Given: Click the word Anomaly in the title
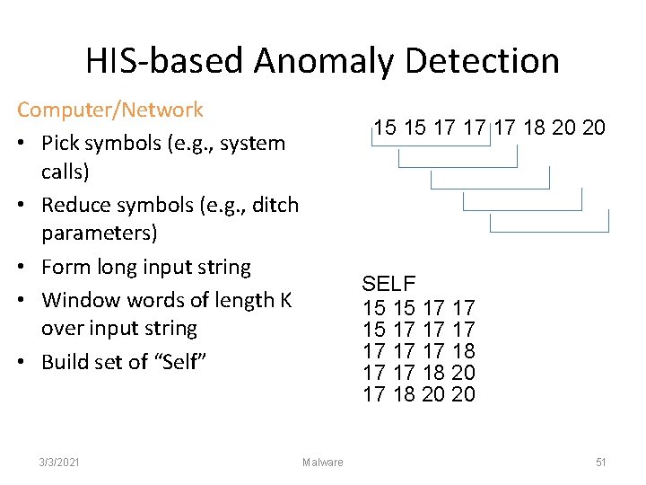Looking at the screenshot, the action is click(324, 61).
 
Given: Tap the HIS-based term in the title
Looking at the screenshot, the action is click(165, 61).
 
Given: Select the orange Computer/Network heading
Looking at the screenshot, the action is click(110, 110).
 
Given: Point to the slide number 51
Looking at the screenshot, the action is click(601, 462).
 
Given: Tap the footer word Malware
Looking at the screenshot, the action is click(323, 462).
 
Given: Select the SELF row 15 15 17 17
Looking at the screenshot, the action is click(418, 308).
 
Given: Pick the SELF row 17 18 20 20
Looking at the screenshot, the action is click(418, 393).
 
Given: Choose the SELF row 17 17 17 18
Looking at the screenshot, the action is click(418, 350).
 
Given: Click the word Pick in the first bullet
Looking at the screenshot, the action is click(61, 143).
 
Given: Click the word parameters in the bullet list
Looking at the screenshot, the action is click(99, 234).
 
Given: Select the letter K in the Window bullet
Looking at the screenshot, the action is click(285, 299).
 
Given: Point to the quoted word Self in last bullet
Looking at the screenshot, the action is click(188, 362).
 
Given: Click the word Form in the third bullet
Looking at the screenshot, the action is click(64, 267).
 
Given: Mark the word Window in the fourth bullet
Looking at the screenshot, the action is click(76, 299).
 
